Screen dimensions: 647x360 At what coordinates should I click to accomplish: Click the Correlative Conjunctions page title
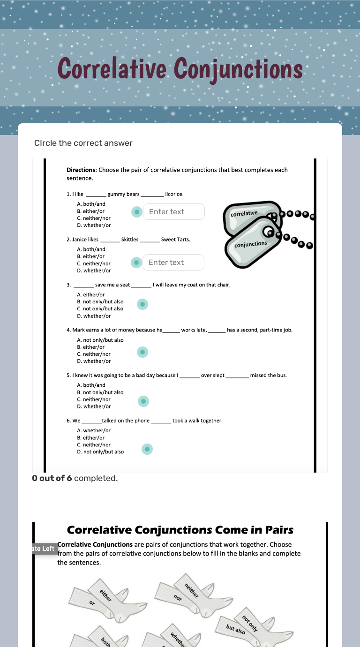point(180,70)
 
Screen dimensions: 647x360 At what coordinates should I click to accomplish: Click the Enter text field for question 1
point(173,212)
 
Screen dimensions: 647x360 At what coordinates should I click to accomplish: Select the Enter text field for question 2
point(173,263)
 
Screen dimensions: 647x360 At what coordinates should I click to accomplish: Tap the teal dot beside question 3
point(142,305)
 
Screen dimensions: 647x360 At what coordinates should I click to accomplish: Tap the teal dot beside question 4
point(142,352)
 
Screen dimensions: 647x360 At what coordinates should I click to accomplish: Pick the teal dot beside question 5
point(143,401)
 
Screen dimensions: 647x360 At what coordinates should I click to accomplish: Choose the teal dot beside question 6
point(147,449)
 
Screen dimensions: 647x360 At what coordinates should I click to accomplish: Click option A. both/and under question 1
point(91,204)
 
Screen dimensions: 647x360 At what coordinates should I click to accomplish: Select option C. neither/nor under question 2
point(94,263)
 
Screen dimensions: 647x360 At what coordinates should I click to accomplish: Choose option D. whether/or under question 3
point(94,316)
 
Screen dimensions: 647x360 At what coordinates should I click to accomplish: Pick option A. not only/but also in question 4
point(100,340)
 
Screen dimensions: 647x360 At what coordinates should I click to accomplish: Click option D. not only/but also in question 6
point(100,452)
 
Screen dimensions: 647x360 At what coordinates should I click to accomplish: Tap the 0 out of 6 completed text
point(75,478)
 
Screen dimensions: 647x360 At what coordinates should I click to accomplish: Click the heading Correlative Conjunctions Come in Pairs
point(180,530)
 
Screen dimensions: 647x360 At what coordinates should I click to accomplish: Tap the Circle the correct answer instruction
point(83,143)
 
